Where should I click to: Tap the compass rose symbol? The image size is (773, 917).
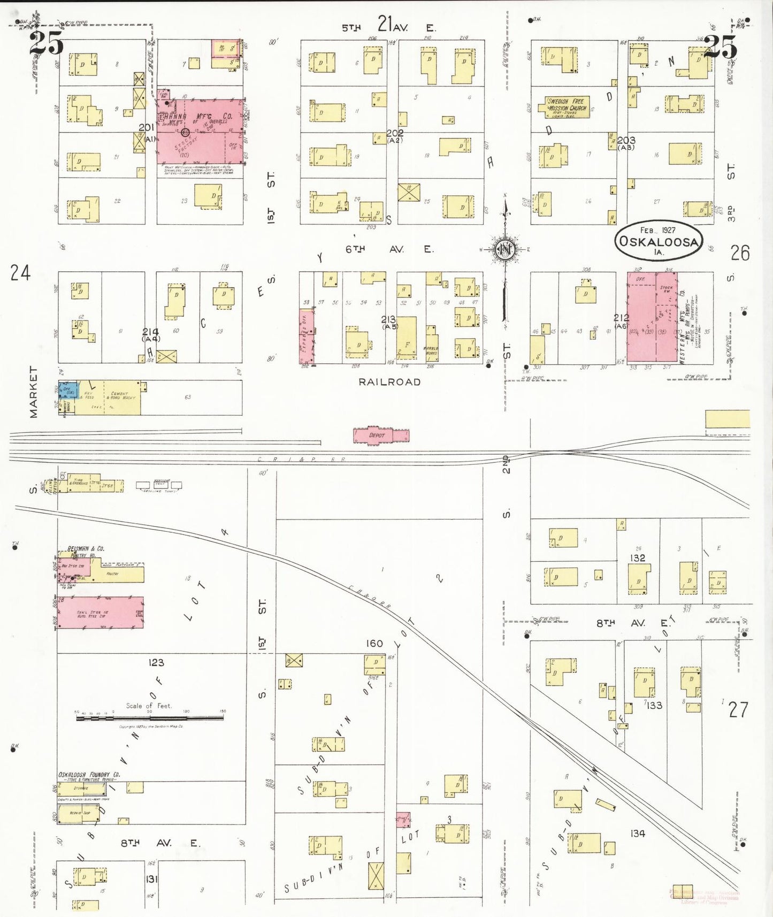[x=504, y=249]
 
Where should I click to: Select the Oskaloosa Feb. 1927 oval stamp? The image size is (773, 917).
[x=658, y=240]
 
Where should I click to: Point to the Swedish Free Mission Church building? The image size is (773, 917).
[x=568, y=106]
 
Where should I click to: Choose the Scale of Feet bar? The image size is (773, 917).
[x=151, y=718]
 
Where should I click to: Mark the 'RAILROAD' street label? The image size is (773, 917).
[x=389, y=382]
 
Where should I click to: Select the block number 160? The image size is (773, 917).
[x=374, y=643]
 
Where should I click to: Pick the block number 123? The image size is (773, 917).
[x=156, y=662]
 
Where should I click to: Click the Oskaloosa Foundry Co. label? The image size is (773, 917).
[x=89, y=774]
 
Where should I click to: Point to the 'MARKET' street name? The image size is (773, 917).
[x=34, y=392]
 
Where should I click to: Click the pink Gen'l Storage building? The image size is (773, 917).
[x=101, y=612]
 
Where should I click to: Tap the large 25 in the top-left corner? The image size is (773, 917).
[x=47, y=42]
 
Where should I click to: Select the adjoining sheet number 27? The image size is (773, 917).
[x=738, y=709]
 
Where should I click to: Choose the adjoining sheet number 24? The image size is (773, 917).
[x=20, y=273]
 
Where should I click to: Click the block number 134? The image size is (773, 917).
[x=638, y=833]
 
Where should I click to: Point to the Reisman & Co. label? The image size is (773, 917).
[x=86, y=548]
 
